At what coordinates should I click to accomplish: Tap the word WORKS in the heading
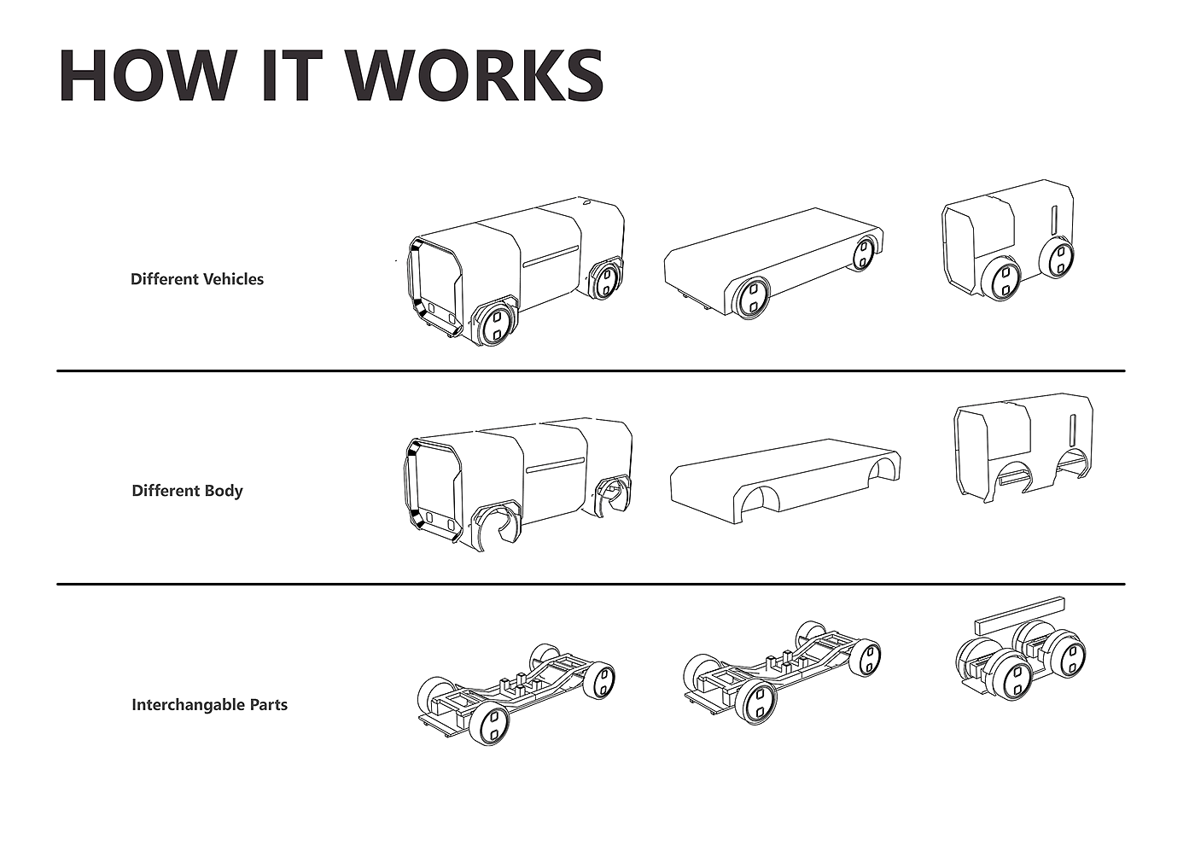click(477, 75)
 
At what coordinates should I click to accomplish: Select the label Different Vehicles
click(197, 279)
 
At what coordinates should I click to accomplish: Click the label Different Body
click(187, 491)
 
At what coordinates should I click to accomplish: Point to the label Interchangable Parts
click(210, 705)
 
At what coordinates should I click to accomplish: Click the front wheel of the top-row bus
click(496, 325)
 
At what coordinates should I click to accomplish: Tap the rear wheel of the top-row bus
click(606, 282)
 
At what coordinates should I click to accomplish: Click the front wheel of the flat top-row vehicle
click(751, 298)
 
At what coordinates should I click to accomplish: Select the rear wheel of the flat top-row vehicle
click(863, 254)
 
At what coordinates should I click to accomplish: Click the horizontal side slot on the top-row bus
click(551, 256)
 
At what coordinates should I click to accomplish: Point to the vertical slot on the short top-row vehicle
click(1053, 220)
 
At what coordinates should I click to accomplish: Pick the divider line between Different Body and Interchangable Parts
click(591, 584)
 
